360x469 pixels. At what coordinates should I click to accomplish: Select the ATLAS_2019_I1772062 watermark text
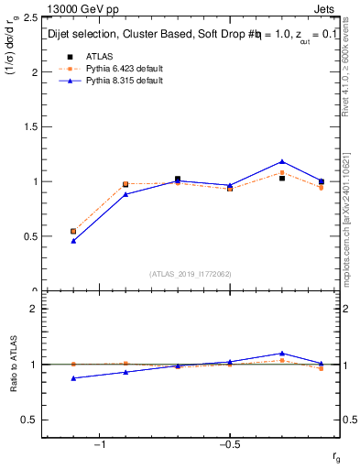(x=190, y=274)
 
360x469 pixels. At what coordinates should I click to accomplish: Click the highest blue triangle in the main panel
(x=282, y=162)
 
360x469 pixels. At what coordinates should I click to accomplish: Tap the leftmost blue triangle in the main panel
(x=73, y=241)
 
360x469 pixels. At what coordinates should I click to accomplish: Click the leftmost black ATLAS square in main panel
(x=73, y=231)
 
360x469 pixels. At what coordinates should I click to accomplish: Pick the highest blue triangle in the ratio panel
(x=282, y=353)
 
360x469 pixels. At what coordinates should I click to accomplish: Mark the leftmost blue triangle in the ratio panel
(x=73, y=377)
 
